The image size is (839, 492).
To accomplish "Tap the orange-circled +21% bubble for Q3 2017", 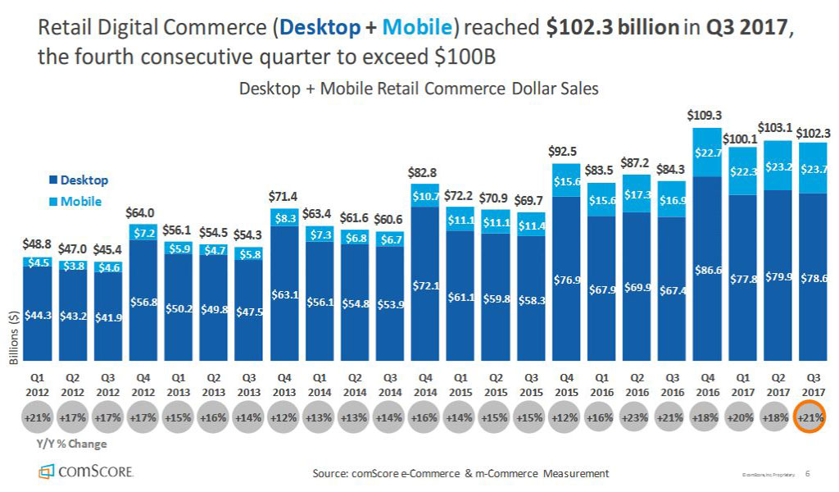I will point(811,417).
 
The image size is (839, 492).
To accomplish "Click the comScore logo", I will point(87,471).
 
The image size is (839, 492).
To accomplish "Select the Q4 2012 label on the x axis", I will point(142,385).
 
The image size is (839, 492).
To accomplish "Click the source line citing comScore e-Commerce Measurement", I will point(460,473).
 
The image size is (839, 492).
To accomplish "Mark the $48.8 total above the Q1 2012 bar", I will point(37,244).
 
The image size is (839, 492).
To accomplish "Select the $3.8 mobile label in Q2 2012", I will point(72,266).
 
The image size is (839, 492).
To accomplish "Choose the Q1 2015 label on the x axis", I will point(460,385).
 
